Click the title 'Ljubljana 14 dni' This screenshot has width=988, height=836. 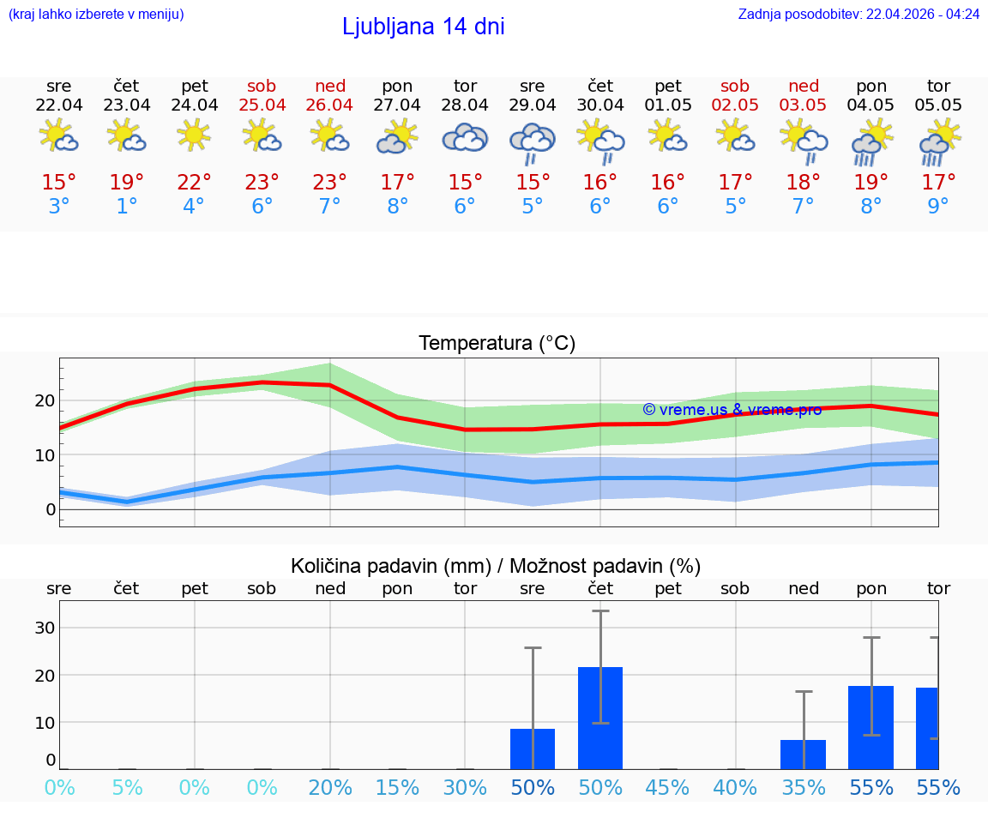(x=423, y=27)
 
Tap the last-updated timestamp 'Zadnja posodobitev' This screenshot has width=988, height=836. (x=858, y=14)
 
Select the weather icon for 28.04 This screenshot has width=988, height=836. (x=465, y=137)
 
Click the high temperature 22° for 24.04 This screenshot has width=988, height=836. (x=195, y=183)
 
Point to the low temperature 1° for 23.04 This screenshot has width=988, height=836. (x=127, y=207)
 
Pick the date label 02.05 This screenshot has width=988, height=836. (x=735, y=105)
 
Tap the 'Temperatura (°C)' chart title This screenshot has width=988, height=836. (x=497, y=344)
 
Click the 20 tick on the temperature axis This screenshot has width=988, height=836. (x=45, y=400)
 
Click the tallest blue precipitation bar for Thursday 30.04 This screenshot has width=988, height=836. (x=600, y=718)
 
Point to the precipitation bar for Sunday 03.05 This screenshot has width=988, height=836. (x=804, y=755)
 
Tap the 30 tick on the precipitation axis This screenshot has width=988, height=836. (x=45, y=628)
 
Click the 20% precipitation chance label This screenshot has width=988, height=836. (x=330, y=788)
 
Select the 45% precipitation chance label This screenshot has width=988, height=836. (x=668, y=788)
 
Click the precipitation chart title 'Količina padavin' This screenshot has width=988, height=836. (x=496, y=566)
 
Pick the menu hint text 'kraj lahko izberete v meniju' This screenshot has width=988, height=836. (x=95, y=14)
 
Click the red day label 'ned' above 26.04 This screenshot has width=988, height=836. (x=330, y=86)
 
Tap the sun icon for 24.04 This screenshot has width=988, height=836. (x=195, y=135)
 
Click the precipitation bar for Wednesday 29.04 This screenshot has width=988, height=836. (x=533, y=749)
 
